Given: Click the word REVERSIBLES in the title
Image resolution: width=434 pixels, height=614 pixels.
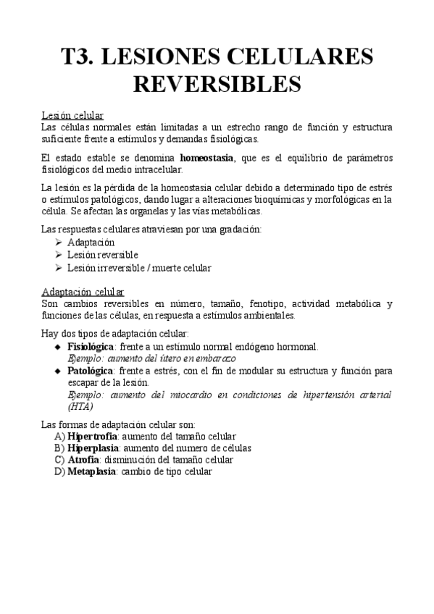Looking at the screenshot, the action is point(217,83).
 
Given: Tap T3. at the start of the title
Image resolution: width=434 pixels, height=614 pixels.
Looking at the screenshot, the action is point(80,56).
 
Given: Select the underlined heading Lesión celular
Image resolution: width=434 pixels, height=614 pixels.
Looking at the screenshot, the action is point(72,115).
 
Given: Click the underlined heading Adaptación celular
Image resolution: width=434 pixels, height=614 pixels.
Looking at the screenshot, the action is point(83,291).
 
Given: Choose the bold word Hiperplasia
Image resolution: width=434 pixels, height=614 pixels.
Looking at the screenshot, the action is point(93,448).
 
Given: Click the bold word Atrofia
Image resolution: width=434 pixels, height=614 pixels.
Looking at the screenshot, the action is point(83,460).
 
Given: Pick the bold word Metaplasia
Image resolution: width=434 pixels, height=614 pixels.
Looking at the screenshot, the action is point(91,471).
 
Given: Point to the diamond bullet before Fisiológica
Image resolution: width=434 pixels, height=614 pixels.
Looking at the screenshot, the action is point(58,348).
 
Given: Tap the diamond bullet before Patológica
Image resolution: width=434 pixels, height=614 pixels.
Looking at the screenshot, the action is point(58,371).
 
